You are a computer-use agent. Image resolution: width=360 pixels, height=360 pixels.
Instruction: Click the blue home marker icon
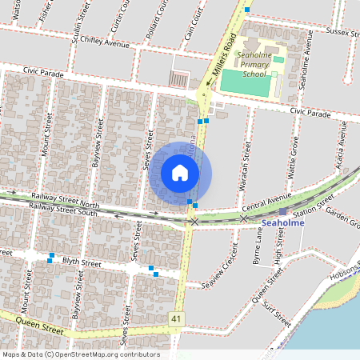tap(180, 173)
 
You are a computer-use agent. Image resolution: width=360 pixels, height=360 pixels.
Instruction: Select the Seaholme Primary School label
tap(254, 63)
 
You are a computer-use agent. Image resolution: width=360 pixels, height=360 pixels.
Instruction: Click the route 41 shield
tap(175, 318)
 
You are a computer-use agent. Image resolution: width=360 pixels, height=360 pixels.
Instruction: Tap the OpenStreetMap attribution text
tap(80, 354)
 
